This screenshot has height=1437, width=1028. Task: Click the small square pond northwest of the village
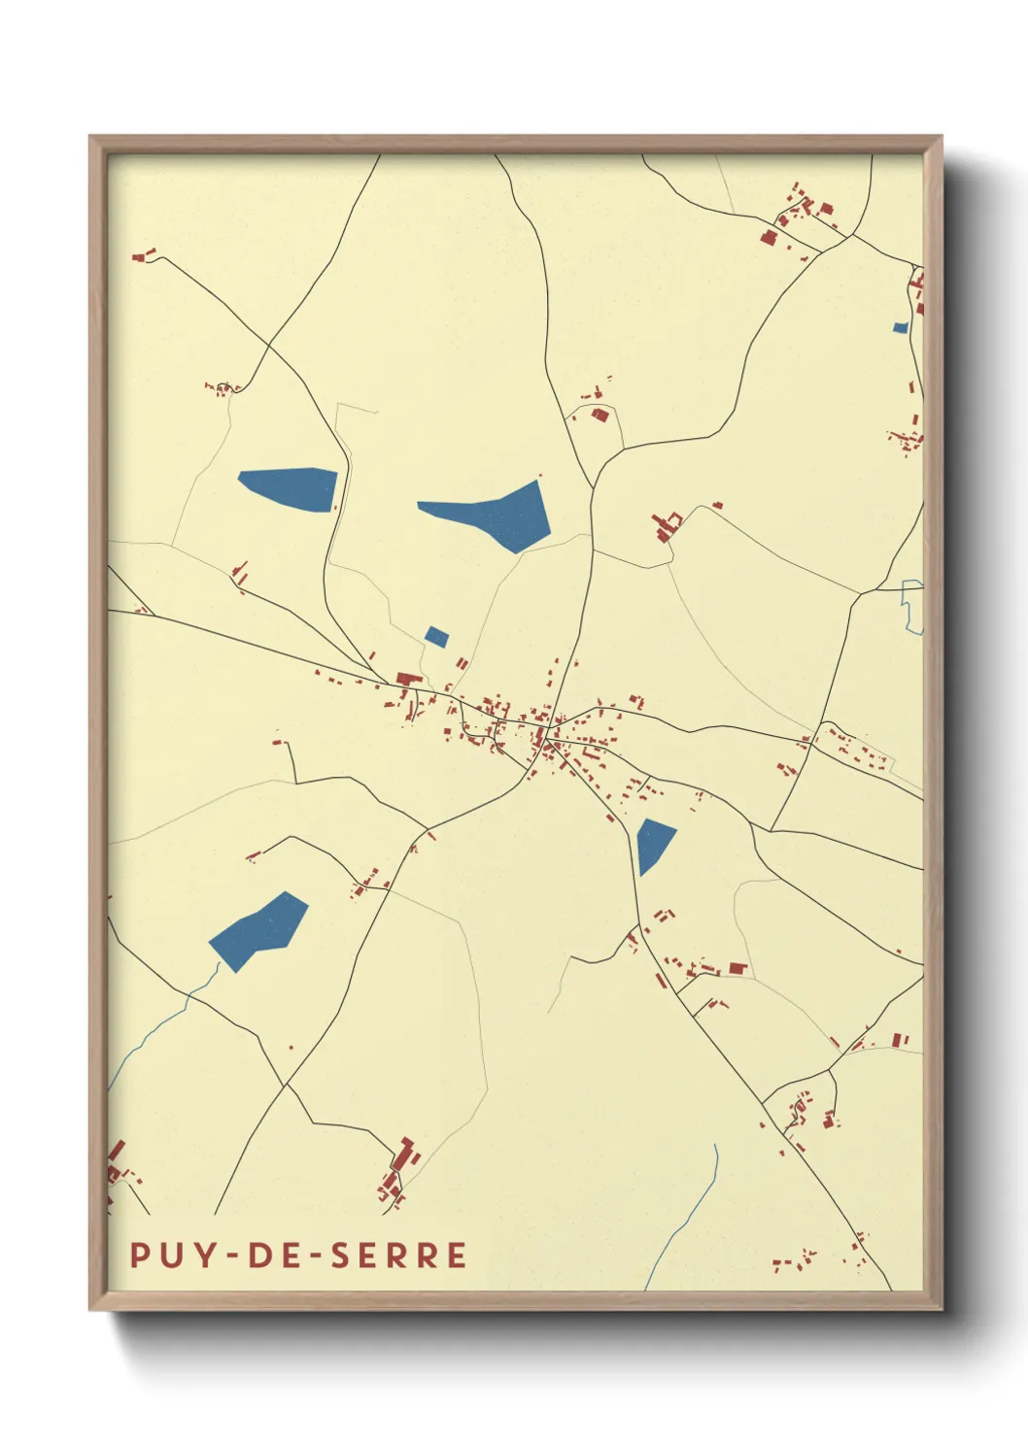tap(436, 637)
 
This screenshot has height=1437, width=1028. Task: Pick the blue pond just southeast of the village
tap(654, 843)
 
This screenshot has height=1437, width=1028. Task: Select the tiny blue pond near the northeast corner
tap(900, 328)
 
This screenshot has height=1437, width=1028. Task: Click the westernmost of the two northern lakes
tap(288, 486)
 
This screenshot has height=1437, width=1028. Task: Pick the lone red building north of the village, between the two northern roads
tap(600, 415)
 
